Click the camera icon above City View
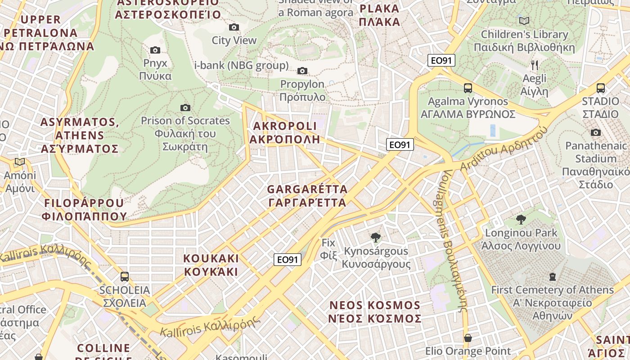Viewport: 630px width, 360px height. click(234, 27)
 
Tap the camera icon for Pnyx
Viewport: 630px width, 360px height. click(155, 50)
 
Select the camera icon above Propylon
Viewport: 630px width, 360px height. click(302, 71)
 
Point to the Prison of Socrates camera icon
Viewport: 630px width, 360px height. click(185, 108)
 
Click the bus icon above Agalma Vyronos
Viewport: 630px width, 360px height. click(468, 88)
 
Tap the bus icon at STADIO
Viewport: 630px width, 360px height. click(600, 88)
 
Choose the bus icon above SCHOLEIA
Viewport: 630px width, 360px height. click(125, 277)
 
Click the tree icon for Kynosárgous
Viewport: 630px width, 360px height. click(375, 238)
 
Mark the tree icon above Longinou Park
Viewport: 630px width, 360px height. click(521, 220)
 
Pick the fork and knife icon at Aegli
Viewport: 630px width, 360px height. click(534, 65)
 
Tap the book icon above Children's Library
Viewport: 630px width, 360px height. click(524, 21)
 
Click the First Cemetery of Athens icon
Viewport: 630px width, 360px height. click(553, 276)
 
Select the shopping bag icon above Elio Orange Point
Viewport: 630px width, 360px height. click(468, 337)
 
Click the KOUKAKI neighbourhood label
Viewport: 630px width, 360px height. click(211, 265)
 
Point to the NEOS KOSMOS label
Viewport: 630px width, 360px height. click(375, 312)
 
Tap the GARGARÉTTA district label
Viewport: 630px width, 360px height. click(307, 196)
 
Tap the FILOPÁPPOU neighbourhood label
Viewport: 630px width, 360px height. click(84, 209)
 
